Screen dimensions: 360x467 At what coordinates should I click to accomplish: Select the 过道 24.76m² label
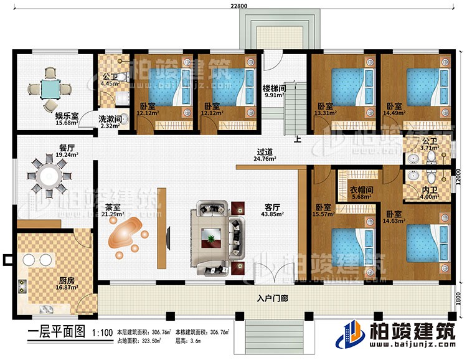pos(266,154)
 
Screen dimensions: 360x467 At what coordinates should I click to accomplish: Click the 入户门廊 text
pos(273,298)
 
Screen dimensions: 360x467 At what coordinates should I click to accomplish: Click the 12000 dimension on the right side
pos(460,176)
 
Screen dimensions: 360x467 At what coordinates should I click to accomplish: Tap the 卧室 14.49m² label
pos(394,109)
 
